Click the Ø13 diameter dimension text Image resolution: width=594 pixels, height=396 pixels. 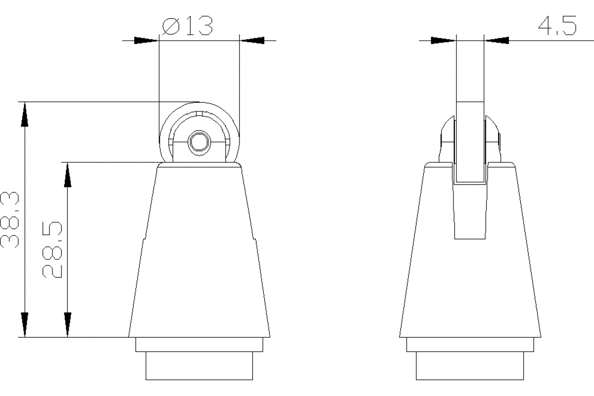click(188, 26)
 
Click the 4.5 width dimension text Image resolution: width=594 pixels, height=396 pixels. click(557, 25)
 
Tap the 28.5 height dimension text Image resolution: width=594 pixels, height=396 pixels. click(52, 250)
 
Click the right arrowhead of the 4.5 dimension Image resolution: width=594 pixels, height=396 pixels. click(497, 40)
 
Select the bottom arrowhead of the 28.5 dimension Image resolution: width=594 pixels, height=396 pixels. click(67, 324)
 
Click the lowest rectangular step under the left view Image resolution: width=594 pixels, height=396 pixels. click(199, 366)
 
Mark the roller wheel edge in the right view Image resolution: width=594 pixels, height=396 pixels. click(469, 139)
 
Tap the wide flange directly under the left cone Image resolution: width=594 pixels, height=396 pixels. click(199, 345)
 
